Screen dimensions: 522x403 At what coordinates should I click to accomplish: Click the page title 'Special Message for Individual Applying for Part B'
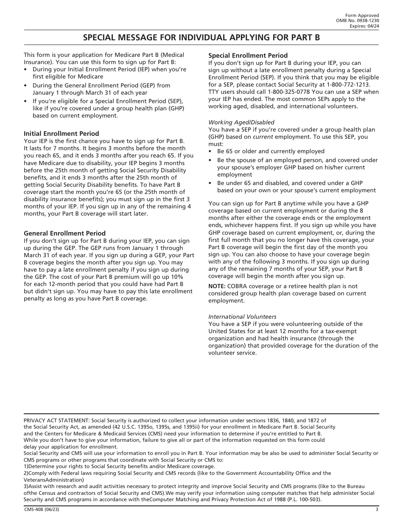tap(201, 37)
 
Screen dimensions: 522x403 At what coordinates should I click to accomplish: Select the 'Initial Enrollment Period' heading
tap(61, 133)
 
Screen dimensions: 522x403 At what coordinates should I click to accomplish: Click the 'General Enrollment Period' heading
tap(64, 233)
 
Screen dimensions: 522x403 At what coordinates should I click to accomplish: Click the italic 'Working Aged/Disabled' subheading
tap(241, 122)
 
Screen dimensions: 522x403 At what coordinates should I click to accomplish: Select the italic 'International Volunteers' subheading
tap(242, 317)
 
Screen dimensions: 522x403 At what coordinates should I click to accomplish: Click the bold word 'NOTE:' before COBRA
tap(216, 286)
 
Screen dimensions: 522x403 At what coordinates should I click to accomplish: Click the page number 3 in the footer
tap(377, 510)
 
